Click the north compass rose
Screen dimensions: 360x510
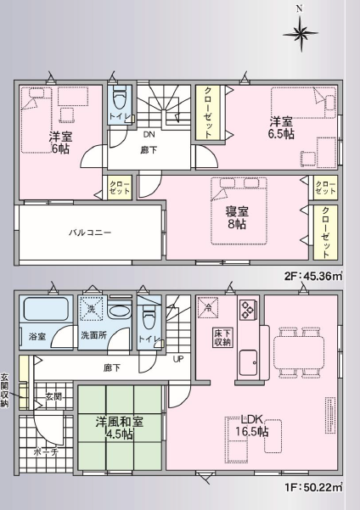(300, 32)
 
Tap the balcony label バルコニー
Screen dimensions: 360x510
(90, 233)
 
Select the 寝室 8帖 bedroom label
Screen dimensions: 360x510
(237, 218)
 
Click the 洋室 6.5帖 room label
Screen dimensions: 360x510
(281, 128)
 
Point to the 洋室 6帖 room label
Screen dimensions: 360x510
(60, 143)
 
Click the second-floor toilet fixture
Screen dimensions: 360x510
(119, 97)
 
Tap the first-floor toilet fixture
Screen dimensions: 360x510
(149, 317)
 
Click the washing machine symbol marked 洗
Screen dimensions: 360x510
(91, 309)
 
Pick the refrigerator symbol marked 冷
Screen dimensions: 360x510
(208, 307)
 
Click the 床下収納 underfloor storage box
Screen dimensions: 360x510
(222, 338)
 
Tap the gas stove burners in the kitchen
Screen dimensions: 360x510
(247, 310)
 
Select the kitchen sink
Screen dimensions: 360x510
(249, 362)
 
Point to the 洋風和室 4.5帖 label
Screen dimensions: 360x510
(120, 429)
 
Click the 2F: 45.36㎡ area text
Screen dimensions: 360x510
(313, 276)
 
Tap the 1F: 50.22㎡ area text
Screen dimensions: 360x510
(314, 487)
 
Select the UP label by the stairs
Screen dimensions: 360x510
(178, 359)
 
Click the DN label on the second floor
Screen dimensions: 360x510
(149, 134)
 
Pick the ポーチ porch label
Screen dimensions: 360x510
(46, 452)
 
